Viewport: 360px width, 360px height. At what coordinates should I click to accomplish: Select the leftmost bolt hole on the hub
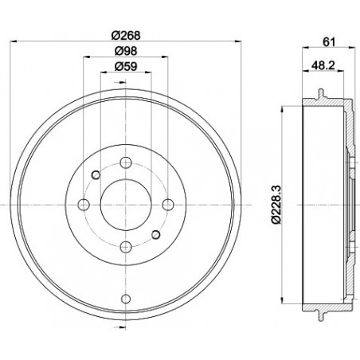click(x=83, y=205)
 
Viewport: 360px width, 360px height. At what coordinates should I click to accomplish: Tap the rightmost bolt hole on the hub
click(x=166, y=205)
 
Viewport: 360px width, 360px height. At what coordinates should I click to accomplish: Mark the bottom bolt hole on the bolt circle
click(x=125, y=247)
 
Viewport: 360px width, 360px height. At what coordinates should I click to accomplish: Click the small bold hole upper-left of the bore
click(x=96, y=175)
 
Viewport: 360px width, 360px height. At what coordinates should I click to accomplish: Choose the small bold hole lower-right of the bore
click(x=155, y=234)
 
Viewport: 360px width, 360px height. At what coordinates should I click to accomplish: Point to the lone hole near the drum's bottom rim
click(x=125, y=299)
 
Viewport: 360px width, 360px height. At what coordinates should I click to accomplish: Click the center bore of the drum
click(x=125, y=205)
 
